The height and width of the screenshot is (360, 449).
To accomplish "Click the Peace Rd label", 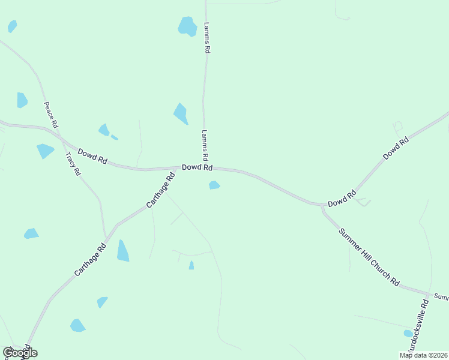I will coord(50,114).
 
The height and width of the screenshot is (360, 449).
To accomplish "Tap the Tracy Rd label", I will coord(73,163).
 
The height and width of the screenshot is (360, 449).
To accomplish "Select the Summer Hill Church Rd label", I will coord(369,257).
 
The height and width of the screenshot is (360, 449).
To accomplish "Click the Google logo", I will coord(20,352).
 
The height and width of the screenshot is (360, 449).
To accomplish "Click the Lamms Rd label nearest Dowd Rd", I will coord(205,145).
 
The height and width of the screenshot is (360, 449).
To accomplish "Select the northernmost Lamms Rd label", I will coord(206,38).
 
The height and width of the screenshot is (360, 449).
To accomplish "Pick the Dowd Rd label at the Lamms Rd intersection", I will coord(197,167).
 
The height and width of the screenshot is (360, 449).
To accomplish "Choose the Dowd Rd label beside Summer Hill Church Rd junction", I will coord(342,199).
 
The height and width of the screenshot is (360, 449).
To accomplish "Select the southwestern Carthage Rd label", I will coord(90,259).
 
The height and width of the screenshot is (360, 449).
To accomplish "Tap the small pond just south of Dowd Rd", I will coord(214,185).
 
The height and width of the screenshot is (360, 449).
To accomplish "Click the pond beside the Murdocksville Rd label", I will coord(408,333).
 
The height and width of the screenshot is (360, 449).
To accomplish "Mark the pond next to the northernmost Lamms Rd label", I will coord(188,26).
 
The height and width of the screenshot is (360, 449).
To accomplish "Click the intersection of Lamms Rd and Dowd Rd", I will coord(205,167).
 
